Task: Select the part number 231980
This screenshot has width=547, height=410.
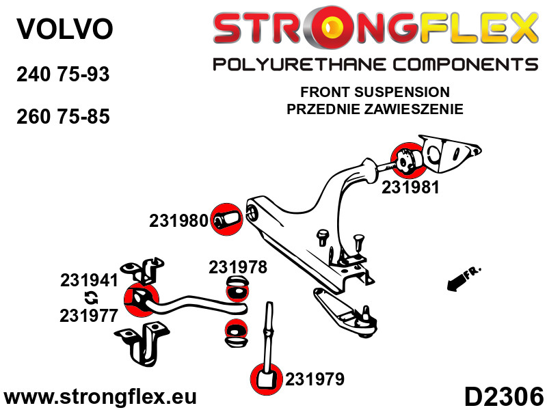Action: coord(178,221)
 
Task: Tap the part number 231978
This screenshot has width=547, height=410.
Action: coord(238,267)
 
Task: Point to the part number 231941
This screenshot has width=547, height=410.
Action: coord(90,280)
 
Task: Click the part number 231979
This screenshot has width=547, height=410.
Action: coord(315,379)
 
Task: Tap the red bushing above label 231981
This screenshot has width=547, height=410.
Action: coord(406,159)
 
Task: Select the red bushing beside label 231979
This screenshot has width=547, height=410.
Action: coord(266,379)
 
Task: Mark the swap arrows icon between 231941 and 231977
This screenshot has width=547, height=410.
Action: coord(90,298)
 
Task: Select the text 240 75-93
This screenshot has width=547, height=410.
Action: coord(62,74)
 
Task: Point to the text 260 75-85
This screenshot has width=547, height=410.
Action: coord(62,116)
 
